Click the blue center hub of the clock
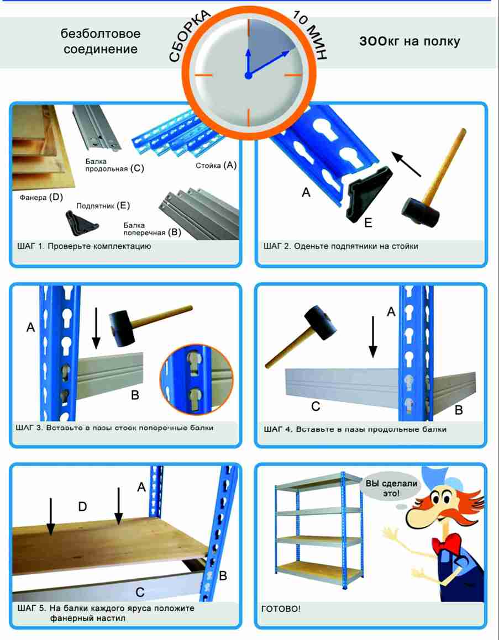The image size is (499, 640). coord(248,76)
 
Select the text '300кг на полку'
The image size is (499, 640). coord(409,41)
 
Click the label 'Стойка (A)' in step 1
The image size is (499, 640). coord(216,165)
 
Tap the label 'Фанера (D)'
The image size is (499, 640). coord(41,198)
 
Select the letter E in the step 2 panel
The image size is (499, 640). coord(368,223)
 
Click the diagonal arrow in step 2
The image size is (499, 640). coord(406,164)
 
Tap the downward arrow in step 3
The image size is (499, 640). coord(96,328)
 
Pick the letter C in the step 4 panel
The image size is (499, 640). coord(316,406)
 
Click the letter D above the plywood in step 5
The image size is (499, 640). coord(82,507)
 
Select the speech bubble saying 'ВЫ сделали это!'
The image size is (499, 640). coord(391,488)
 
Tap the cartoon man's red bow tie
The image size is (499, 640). coord(447,544)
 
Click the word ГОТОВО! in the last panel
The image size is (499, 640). coord(281,609)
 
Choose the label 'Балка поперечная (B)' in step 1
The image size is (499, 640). coord(153,229)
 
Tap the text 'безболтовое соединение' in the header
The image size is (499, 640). coord(101,41)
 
